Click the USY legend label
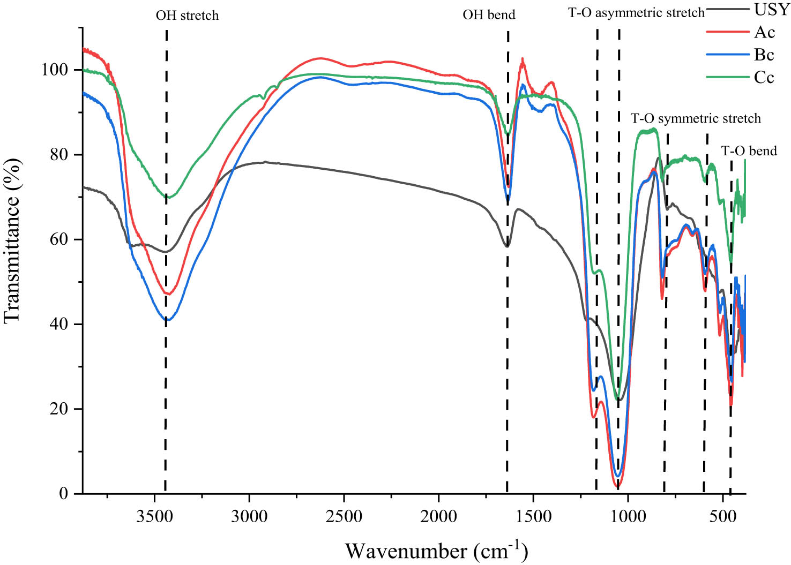click(772, 9)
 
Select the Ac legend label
click(764, 32)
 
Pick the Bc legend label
click(764, 55)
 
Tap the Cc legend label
click(764, 77)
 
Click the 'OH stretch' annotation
click(187, 15)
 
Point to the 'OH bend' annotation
click(489, 14)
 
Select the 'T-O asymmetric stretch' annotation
click(636, 13)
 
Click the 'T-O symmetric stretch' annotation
click(696, 118)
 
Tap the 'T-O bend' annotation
click(749, 151)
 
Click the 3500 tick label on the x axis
click(154, 517)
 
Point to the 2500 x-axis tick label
click(344, 517)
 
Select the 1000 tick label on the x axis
click(628, 517)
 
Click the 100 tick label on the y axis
click(55, 70)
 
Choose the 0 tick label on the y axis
click(64, 493)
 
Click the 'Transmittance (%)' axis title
click(13, 240)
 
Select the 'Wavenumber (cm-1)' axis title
click(436, 550)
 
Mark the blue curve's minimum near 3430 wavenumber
click(167, 320)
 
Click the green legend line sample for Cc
click(727, 77)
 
